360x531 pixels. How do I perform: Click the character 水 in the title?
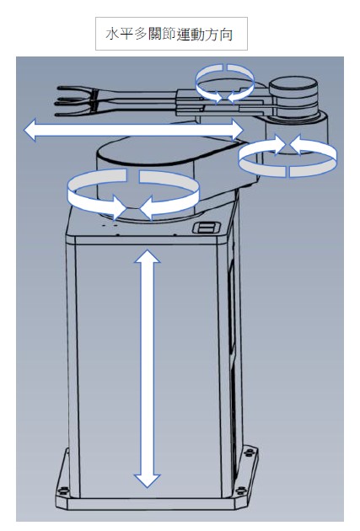(x=112, y=35)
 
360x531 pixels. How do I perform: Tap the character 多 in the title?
(x=141, y=35)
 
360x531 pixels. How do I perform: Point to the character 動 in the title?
(x=197, y=35)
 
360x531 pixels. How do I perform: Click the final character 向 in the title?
(x=226, y=35)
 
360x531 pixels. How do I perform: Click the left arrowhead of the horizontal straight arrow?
(x=30, y=130)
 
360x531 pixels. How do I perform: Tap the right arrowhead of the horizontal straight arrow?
(x=238, y=130)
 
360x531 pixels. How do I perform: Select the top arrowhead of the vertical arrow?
(x=148, y=256)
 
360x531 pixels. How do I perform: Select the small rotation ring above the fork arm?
(x=225, y=83)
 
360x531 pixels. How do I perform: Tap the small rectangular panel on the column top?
(x=207, y=228)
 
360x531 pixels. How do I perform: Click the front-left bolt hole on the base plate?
(x=63, y=490)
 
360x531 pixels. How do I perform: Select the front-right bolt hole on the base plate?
(x=241, y=490)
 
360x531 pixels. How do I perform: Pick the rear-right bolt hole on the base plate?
(x=250, y=452)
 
